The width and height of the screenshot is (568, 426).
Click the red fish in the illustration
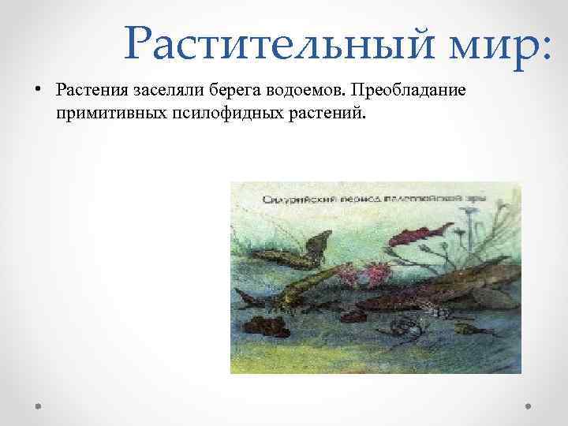417,234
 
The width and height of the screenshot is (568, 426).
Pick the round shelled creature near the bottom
410,323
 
